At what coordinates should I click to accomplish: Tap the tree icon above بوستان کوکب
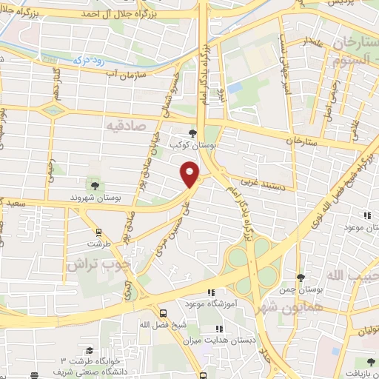point(193,133)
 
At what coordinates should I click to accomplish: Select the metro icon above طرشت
point(94,230)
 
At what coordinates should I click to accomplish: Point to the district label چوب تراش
point(99,264)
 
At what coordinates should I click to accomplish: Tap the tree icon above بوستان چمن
point(301,278)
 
